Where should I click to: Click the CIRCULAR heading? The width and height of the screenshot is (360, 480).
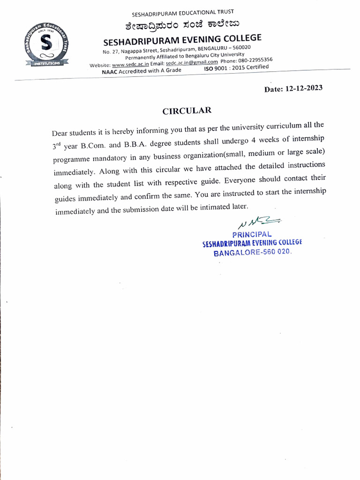point(187,111)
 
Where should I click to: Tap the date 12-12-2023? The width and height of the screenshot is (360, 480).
point(304,89)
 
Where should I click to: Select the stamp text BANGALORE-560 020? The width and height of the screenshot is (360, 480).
point(253,253)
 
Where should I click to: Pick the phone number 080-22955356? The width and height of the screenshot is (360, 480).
point(255,60)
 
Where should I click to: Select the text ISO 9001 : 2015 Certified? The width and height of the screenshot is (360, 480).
point(236,68)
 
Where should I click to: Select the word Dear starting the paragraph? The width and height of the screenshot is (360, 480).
point(60,134)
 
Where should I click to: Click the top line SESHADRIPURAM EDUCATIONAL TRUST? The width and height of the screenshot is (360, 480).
point(183,12)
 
